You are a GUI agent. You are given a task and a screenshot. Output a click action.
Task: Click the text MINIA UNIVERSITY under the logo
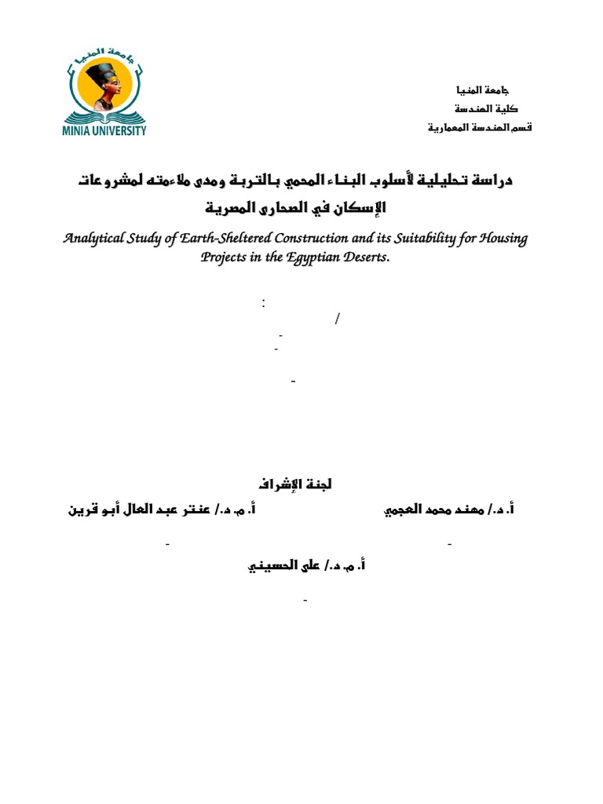[104, 131]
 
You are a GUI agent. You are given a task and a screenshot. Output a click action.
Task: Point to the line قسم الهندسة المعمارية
[480, 127]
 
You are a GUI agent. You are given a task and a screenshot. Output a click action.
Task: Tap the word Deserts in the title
[366, 259]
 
